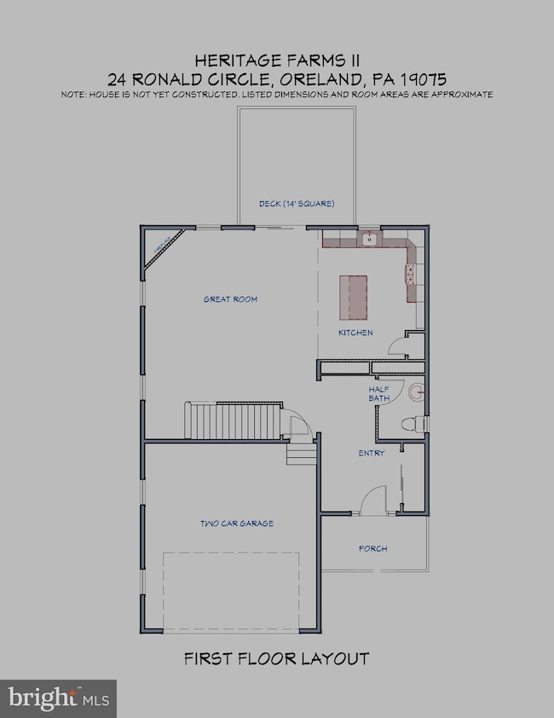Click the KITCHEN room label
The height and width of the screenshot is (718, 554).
pyautogui.click(x=355, y=333)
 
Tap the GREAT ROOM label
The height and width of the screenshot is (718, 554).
pyautogui.click(x=230, y=299)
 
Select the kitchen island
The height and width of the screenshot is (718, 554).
pyautogui.click(x=355, y=295)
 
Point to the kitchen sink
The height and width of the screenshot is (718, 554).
pyautogui.click(x=369, y=240)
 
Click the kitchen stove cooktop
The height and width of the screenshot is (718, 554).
pyautogui.click(x=409, y=275)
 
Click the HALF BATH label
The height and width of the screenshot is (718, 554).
pyautogui.click(x=378, y=394)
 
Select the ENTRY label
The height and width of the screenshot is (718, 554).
pyautogui.click(x=372, y=453)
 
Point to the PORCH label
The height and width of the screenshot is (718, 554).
pyautogui.click(x=373, y=548)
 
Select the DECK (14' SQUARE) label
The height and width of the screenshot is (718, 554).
pyautogui.click(x=297, y=204)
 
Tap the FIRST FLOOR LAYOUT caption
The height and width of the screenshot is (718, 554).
pyautogui.click(x=277, y=658)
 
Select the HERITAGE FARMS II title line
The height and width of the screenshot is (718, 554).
pyautogui.click(x=276, y=60)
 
